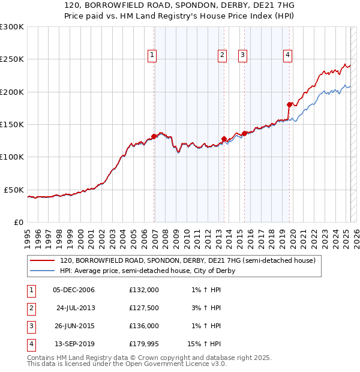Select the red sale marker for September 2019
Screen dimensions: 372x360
pos(289,104)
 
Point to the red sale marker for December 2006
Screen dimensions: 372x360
pos(154,136)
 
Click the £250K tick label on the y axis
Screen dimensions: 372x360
pos(12,59)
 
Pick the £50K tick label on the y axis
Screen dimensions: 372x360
pos(14,190)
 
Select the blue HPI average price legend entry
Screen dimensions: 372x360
pos(147,271)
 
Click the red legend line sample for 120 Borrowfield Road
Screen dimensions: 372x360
pos(43,260)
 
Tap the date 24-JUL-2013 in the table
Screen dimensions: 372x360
pos(76,308)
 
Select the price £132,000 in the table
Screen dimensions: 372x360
pos(144,290)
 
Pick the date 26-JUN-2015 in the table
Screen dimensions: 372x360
pos(74,326)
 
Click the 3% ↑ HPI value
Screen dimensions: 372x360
pos(206,308)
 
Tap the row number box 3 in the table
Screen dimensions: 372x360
pos(31,326)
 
